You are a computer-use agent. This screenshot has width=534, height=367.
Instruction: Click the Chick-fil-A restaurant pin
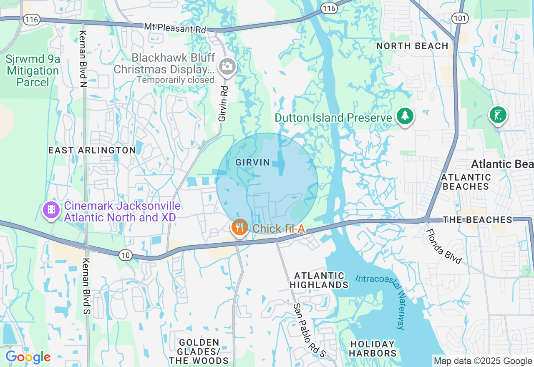coord(239,227)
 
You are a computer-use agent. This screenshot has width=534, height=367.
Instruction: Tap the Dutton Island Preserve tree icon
coord(405,116)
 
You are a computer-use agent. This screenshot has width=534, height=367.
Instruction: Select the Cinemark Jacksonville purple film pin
coord(51,210)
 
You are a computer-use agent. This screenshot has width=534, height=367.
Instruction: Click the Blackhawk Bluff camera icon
coord(227,66)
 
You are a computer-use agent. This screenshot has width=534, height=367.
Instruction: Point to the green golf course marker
coord(498,115)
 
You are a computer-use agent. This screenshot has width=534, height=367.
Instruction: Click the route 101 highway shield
coord(460,18)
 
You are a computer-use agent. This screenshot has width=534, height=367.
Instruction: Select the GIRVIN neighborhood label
coord(252,163)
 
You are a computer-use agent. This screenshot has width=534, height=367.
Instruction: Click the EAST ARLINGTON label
coord(92,150)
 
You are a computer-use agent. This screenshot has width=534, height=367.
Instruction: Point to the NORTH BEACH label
coord(412,46)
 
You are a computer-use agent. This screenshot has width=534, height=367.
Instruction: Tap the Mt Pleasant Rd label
coord(175,28)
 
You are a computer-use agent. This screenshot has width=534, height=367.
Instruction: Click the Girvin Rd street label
coord(224,104)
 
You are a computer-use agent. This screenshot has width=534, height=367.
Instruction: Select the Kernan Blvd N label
coord(83,59)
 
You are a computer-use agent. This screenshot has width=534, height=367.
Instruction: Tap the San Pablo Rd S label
coord(309,330)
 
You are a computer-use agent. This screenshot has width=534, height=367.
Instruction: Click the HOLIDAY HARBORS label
coord(373,349)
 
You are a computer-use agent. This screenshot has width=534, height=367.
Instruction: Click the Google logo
coord(28,357)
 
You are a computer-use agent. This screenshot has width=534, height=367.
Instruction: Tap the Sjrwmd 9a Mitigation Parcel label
coord(33,70)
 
